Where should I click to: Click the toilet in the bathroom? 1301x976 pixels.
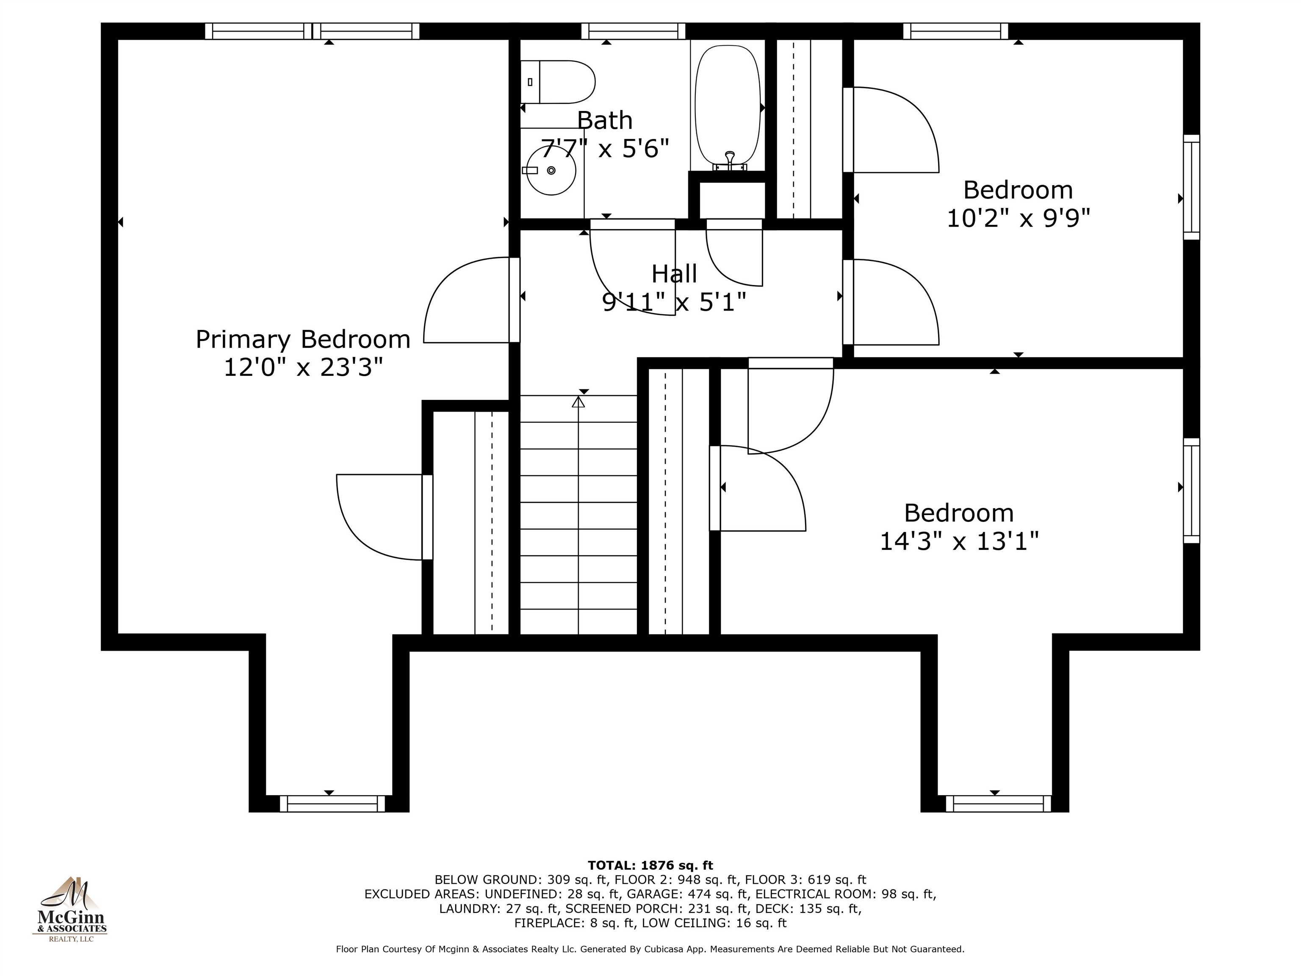click(x=558, y=82)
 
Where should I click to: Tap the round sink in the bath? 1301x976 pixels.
click(x=551, y=171)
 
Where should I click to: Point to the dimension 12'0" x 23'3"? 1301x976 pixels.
click(x=303, y=368)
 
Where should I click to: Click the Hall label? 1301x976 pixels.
click(x=674, y=274)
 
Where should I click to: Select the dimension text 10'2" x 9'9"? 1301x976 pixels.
click(x=1018, y=218)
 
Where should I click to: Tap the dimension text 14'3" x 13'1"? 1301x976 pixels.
click(x=959, y=541)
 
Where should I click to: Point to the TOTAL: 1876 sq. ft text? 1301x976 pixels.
click(x=650, y=865)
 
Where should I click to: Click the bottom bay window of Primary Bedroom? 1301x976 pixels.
click(x=332, y=804)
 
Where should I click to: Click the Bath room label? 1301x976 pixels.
click(x=605, y=121)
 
